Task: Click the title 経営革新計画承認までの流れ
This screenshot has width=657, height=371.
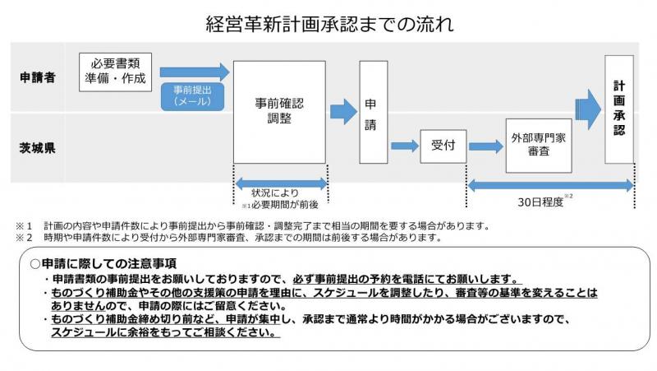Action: coord(328,23)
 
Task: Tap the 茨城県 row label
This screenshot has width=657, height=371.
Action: coord(38,149)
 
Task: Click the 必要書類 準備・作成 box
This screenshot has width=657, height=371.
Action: coord(114,72)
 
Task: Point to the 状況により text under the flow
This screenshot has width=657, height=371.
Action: coord(281,194)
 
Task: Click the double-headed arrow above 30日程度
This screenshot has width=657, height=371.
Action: coord(549,185)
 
